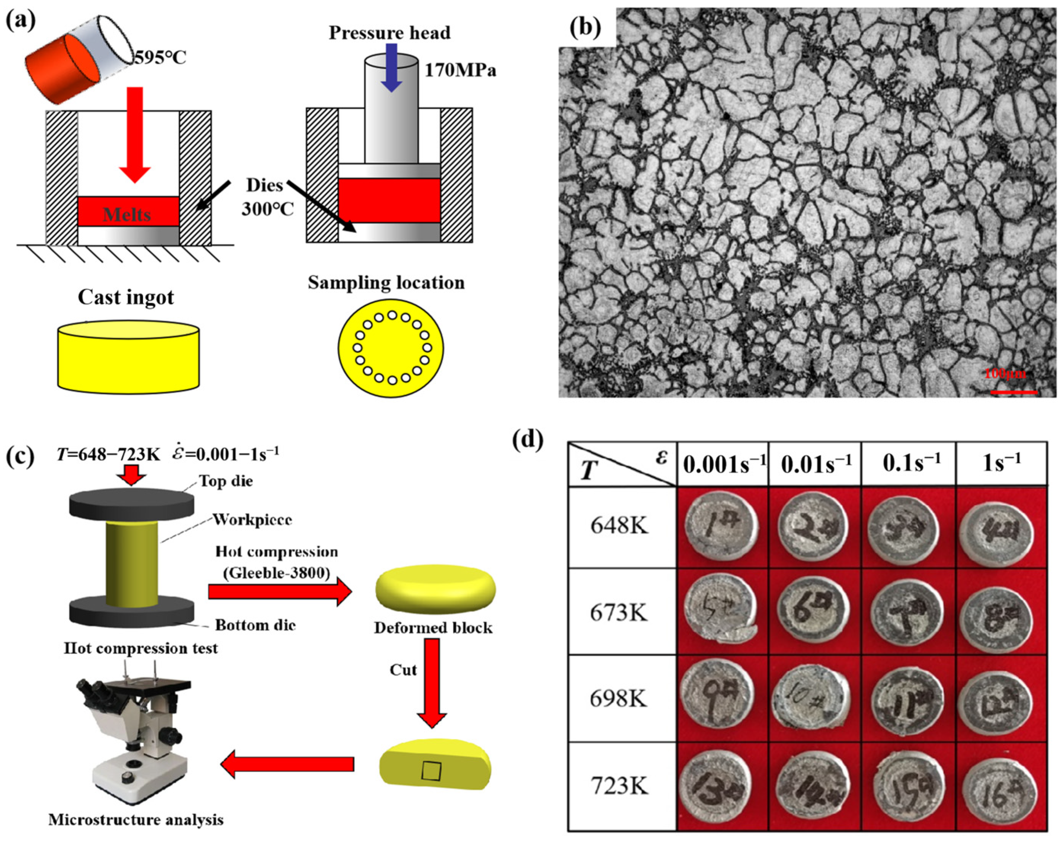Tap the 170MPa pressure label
pos(460,70)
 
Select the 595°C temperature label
pos(161,58)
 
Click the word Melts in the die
pos(127,215)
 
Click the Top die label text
pos(226,481)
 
